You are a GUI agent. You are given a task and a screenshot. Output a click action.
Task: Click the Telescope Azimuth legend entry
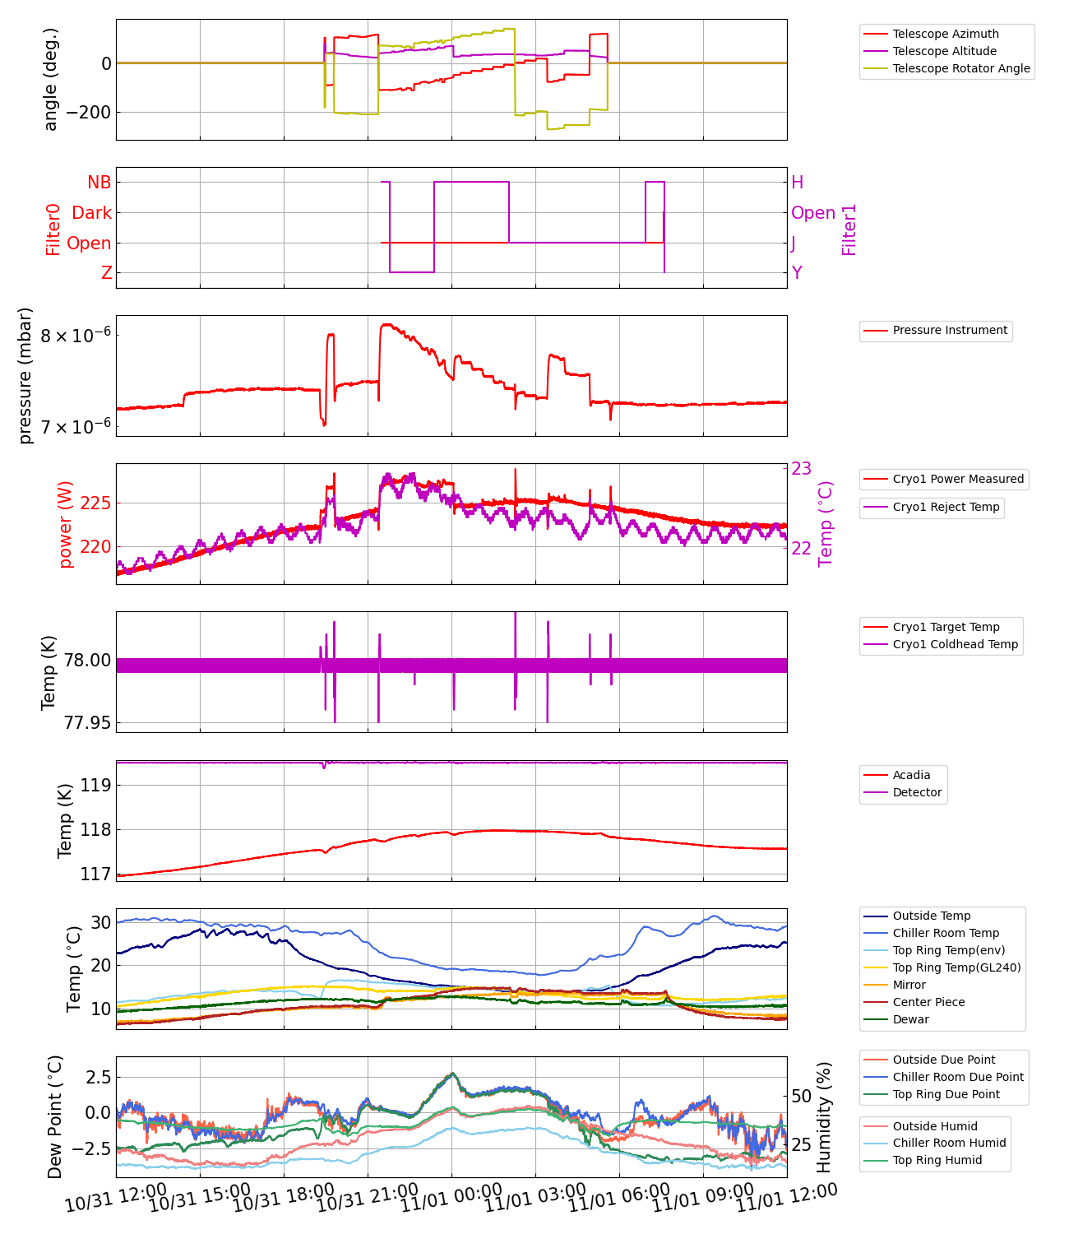pos(946,34)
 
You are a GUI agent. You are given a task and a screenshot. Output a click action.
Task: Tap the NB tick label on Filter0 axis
pos(99,183)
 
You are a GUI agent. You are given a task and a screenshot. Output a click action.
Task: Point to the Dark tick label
pos(91,213)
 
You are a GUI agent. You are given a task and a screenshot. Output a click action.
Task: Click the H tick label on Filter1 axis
pos(797,183)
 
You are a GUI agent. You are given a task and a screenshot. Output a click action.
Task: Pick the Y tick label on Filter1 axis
pos(796,273)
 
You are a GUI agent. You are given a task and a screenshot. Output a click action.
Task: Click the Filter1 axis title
pos(849,230)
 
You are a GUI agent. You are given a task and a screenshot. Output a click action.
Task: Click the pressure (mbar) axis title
pos(25,375)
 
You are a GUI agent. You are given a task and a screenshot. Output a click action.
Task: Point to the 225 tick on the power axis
pos(96,503)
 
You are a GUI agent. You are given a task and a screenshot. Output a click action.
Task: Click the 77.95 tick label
pos(87,723)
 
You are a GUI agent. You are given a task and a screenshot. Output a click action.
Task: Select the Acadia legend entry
pos(911,775)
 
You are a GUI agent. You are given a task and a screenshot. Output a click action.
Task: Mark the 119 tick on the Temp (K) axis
pos(95,786)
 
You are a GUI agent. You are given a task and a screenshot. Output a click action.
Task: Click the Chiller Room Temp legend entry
pos(946,933)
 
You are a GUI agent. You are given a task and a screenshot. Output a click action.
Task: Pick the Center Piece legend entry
pos(928,1002)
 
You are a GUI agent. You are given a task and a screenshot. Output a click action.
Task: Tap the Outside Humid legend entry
pos(935,1126)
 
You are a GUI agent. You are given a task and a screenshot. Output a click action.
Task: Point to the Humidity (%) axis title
pos(824,1116)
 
